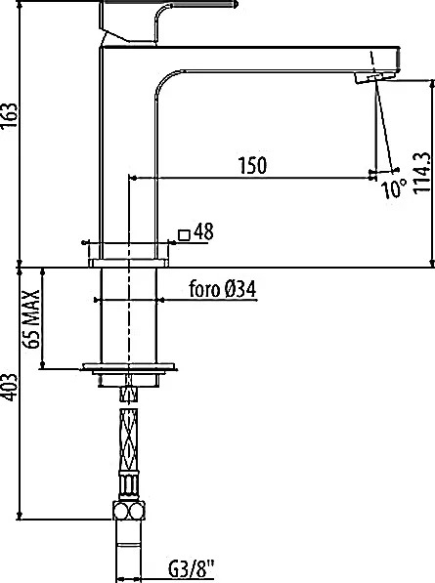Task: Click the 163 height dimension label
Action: tap(10, 115)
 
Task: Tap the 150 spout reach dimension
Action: tap(252, 165)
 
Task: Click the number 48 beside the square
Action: tap(203, 231)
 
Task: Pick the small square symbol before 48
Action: tap(184, 235)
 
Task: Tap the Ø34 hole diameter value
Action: tap(240, 289)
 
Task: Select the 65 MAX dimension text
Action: tap(31, 318)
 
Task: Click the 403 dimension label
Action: tap(10, 388)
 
